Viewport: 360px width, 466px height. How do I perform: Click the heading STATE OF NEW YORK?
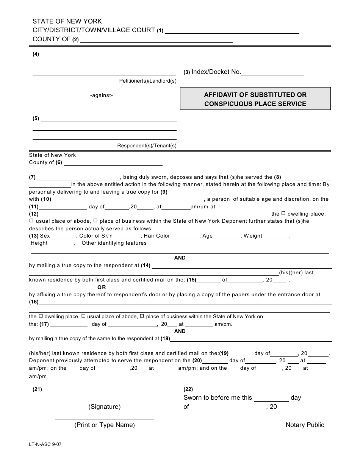67,22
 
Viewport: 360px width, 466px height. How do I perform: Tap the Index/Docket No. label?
216,72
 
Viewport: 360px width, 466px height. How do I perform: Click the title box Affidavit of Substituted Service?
255,99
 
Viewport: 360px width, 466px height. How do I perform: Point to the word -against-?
102,95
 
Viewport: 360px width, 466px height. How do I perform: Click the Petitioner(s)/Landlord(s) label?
148,81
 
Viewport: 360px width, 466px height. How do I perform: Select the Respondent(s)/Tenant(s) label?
147,145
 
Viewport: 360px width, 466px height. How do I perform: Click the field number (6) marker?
59,163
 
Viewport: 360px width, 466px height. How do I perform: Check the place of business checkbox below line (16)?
142,316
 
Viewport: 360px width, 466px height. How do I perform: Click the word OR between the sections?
102,287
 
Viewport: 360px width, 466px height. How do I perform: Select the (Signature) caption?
105,407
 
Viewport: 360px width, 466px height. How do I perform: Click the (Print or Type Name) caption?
105,425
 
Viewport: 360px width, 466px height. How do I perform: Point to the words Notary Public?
305,425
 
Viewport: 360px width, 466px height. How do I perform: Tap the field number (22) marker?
188,389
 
